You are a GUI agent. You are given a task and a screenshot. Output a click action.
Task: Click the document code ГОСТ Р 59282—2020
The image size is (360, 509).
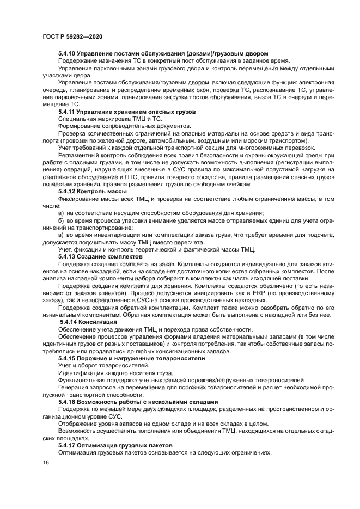tap(72, 36)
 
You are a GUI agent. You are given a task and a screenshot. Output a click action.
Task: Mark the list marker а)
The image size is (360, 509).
tap(62, 212)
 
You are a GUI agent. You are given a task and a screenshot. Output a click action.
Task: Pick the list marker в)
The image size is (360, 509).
tap(62, 234)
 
